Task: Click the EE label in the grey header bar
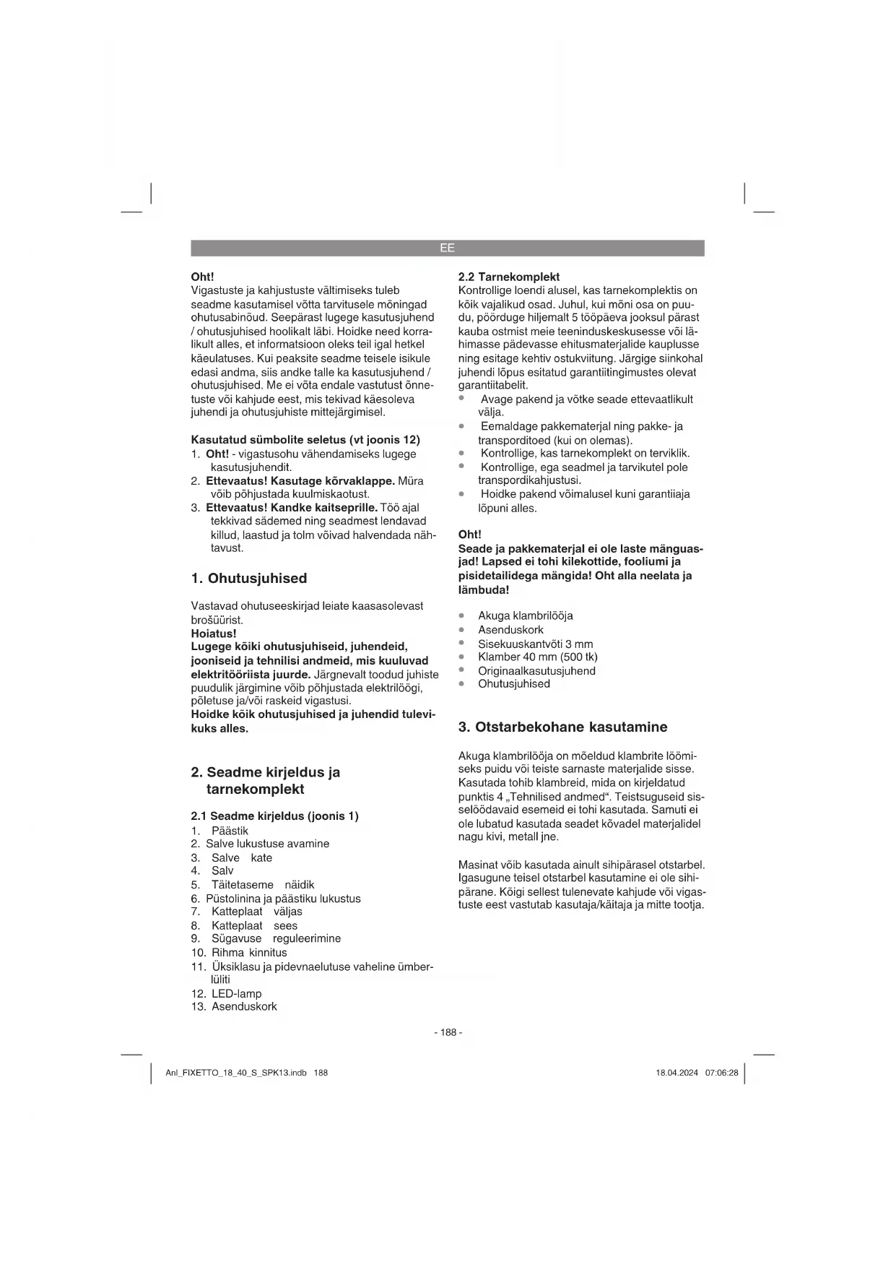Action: [x=447, y=248]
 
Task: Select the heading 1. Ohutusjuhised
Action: [x=249, y=579]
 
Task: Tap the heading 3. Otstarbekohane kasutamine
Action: [x=562, y=727]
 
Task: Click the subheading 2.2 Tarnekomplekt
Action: [x=509, y=277]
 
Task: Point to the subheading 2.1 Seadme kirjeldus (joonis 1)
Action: [x=274, y=816]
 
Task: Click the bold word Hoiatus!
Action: [x=214, y=633]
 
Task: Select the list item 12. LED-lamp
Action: [x=227, y=994]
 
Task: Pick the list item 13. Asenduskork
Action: [x=234, y=1007]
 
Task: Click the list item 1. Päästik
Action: [x=220, y=831]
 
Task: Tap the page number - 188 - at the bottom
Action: [x=448, y=1032]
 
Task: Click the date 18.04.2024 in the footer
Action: [x=677, y=1073]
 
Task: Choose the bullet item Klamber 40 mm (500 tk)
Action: [x=537, y=657]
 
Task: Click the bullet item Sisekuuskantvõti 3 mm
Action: [x=535, y=644]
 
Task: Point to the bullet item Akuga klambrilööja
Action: [x=525, y=616]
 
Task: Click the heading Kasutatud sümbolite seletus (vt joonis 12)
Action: [x=305, y=440]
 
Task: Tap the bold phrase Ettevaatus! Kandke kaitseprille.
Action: [x=292, y=508]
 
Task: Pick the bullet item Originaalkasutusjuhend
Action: [x=536, y=671]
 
